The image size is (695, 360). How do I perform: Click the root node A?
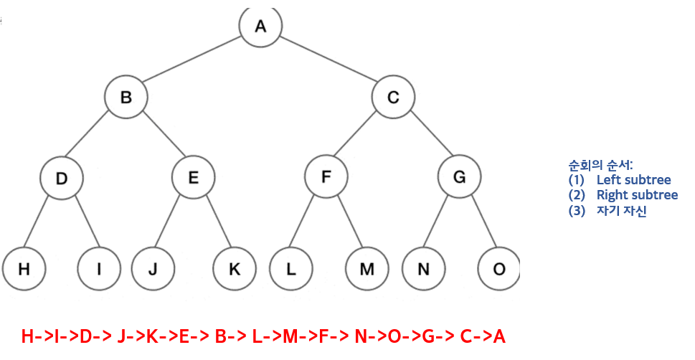pyautogui.click(x=260, y=27)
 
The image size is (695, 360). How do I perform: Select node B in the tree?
pyautogui.click(x=126, y=97)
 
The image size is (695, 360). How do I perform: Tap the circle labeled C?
pyautogui.click(x=393, y=97)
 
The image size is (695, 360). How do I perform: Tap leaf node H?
pyautogui.click(x=24, y=269)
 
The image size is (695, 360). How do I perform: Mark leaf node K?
pyautogui.click(x=235, y=269)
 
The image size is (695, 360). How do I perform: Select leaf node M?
pyautogui.click(x=367, y=269)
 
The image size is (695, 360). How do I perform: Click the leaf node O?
pyautogui.click(x=499, y=269)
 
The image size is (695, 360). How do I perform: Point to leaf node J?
pyautogui.click(x=153, y=269)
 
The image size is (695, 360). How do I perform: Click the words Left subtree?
pyautogui.click(x=633, y=179)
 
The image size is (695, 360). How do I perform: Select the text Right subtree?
pyautogui.click(x=637, y=195)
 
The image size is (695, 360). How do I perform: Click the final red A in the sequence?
pyautogui.click(x=498, y=336)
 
